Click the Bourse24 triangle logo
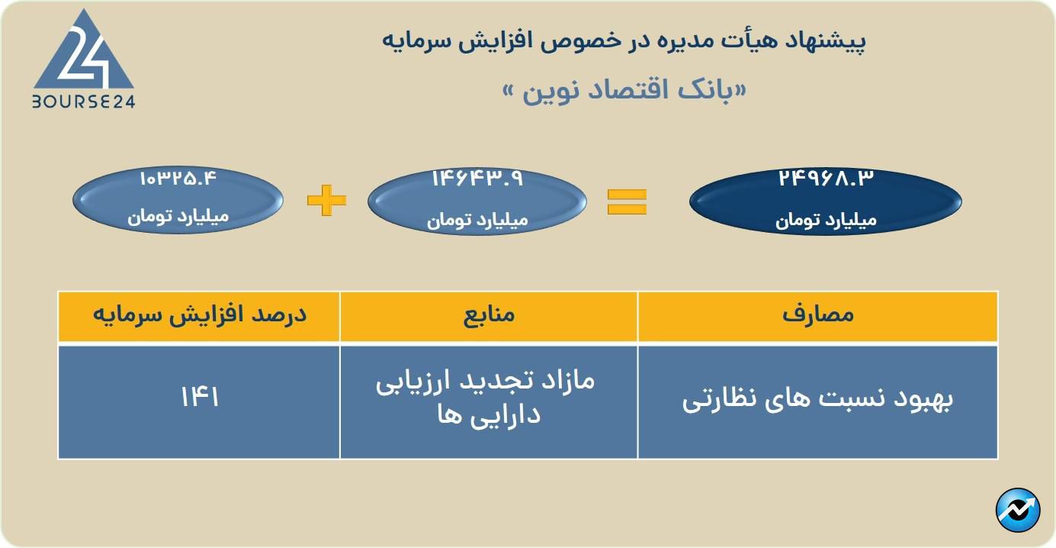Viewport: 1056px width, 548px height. coord(84,49)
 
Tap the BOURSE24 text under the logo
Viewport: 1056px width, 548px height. coord(84,102)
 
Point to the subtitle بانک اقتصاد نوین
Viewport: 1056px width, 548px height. coord(624,91)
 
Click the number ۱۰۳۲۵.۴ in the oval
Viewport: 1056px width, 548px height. coord(178,179)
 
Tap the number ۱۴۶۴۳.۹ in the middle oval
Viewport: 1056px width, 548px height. coord(477,179)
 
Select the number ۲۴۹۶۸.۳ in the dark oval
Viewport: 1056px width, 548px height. coord(826,179)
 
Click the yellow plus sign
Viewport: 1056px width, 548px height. coord(326,201)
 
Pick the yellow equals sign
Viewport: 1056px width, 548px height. coord(627,201)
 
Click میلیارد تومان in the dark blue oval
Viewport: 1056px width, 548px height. coord(826,221)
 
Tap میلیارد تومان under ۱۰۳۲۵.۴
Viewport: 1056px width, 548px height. coord(178,217)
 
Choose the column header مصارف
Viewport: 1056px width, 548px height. coord(818,314)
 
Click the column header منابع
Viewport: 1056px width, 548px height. coord(489,314)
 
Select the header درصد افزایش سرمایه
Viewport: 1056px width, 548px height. coord(200,314)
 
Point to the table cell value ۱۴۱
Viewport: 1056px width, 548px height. coord(200,396)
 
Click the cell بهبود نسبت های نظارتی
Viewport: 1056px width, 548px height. coord(817,399)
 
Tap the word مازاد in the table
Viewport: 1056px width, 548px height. coord(567,380)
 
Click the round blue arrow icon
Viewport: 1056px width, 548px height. coord(1019,511)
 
